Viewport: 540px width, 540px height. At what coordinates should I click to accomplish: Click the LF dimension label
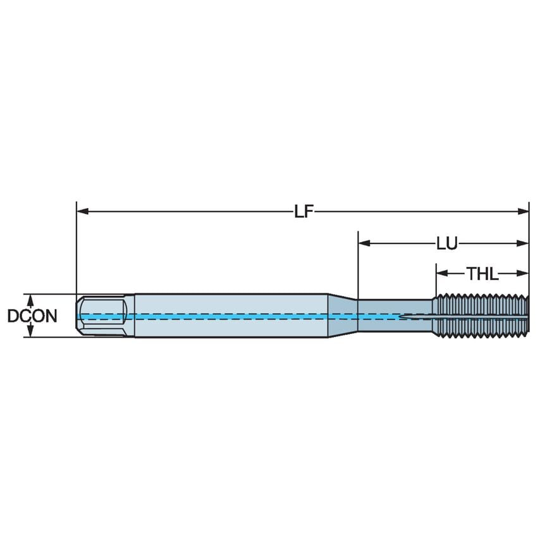(x=304, y=212)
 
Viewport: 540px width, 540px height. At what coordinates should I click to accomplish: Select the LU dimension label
(x=447, y=243)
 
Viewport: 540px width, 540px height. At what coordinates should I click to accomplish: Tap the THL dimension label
(x=482, y=274)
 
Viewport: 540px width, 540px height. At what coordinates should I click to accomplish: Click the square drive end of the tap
(x=102, y=316)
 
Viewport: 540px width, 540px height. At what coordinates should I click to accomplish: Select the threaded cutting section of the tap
(x=481, y=315)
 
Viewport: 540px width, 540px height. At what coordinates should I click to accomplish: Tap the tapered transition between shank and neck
(x=342, y=315)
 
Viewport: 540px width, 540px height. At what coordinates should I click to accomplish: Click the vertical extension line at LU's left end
(x=358, y=266)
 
